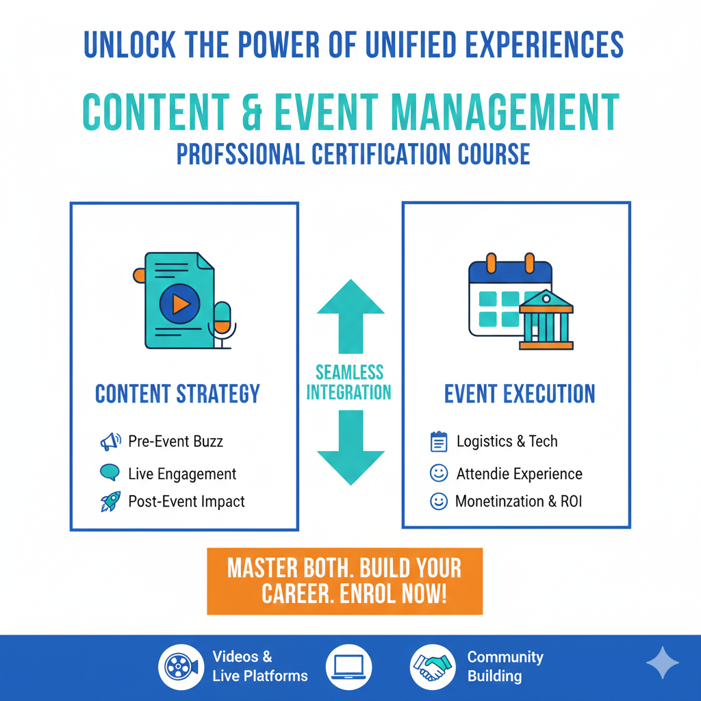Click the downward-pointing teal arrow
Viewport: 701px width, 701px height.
click(351, 448)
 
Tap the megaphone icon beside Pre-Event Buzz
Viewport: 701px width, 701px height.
click(110, 442)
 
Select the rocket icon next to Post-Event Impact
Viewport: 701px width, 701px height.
click(110, 502)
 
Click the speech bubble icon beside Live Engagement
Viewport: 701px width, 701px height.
click(110, 472)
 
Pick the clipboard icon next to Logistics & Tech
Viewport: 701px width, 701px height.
click(439, 442)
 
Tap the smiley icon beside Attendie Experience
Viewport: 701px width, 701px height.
click(439, 472)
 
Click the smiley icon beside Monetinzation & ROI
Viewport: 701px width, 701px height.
click(439, 501)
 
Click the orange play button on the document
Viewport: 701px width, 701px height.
click(180, 304)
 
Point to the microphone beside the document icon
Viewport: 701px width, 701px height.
click(222, 324)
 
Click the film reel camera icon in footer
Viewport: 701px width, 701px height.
click(181, 667)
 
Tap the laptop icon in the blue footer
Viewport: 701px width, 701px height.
click(348, 667)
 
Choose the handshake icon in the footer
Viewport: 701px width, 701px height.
click(433, 667)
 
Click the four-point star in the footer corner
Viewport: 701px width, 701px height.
click(663, 663)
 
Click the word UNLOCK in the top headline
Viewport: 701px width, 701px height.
click(129, 44)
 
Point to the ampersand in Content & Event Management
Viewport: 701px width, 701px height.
click(252, 112)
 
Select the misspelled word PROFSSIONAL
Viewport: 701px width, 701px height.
click(240, 154)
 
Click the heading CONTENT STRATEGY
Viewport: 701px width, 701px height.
click(177, 394)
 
